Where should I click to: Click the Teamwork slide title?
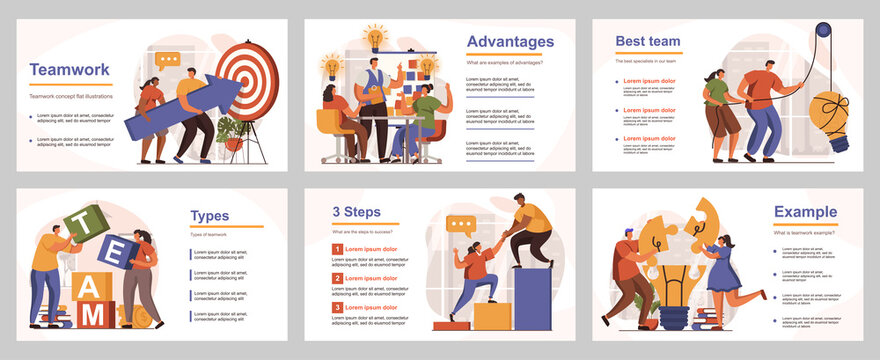[x=69, y=70]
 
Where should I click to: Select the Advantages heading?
[x=510, y=42]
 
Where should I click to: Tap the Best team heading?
[x=648, y=42]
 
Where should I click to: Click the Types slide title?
[x=210, y=215]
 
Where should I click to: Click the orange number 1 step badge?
[x=338, y=249]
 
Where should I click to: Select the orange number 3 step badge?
[x=338, y=307]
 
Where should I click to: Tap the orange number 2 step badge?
[x=338, y=278]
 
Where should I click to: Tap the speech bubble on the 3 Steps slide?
[x=461, y=227]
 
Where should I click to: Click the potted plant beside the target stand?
[x=232, y=132]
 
